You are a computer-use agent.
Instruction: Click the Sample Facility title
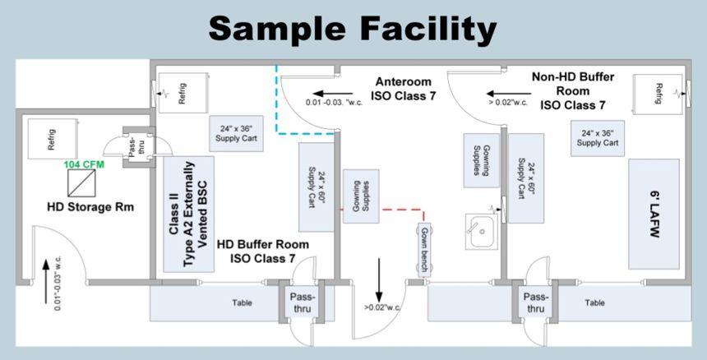coord(353,29)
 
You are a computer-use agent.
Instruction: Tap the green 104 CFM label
coord(86,164)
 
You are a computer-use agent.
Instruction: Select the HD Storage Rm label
coord(90,207)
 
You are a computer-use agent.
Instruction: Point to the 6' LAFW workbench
coord(654,214)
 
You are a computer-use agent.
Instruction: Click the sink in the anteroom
coord(483,228)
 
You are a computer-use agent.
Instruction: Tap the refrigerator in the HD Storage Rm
coord(51,140)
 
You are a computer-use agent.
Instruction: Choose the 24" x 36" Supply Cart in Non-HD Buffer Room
coord(603,136)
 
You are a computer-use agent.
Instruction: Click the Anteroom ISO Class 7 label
coord(404,89)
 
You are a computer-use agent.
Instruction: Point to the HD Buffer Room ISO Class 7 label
coord(263,252)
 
